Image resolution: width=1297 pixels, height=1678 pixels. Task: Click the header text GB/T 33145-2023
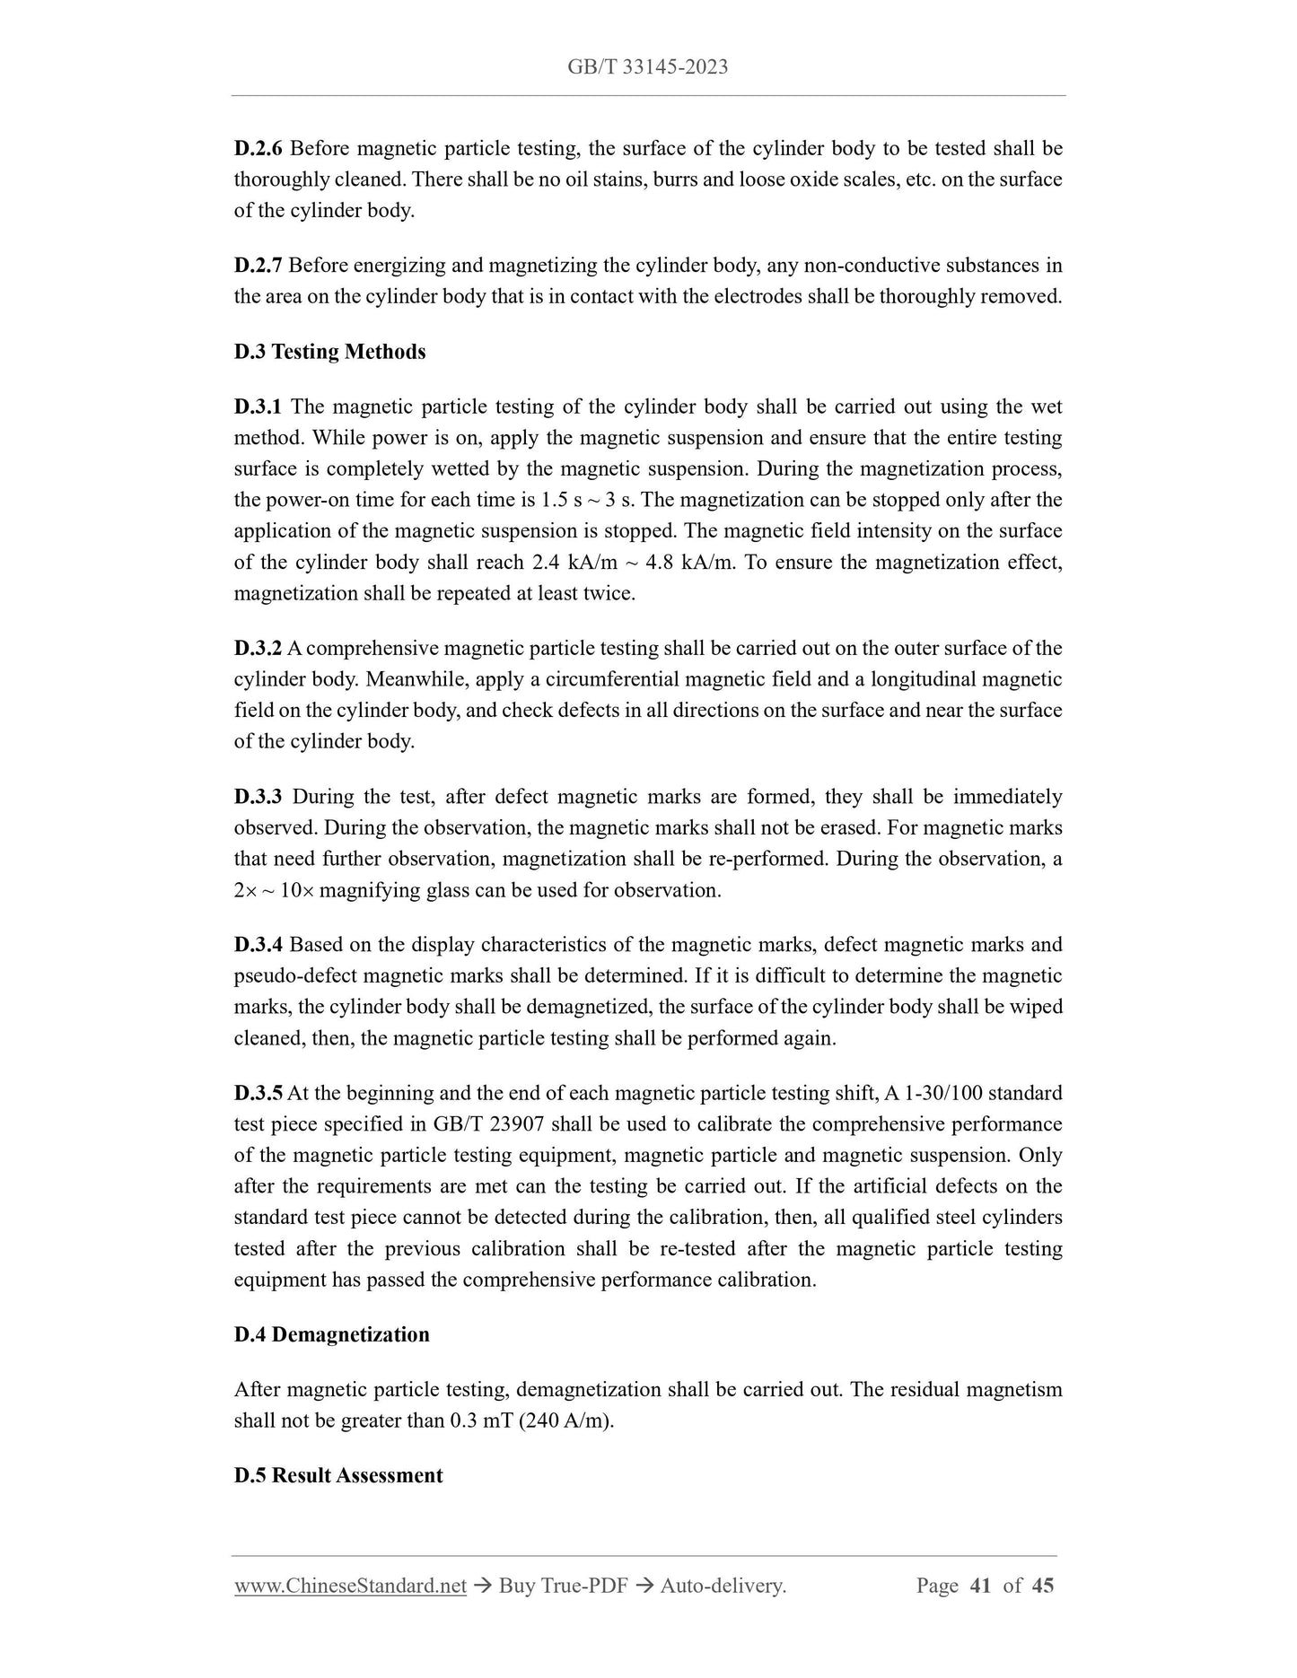point(647,66)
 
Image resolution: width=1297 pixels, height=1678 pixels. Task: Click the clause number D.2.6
point(259,148)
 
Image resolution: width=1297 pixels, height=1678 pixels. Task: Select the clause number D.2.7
point(259,265)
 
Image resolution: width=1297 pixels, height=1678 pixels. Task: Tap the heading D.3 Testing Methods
point(329,352)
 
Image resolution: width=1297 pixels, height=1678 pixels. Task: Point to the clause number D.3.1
point(259,406)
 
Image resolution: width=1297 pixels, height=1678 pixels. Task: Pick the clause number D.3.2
point(259,648)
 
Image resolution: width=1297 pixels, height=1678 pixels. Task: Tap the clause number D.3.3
point(259,797)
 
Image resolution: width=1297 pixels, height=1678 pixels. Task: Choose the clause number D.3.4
point(259,945)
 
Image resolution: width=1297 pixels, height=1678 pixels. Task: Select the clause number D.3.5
point(259,1093)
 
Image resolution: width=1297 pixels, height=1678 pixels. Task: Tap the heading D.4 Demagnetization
point(331,1334)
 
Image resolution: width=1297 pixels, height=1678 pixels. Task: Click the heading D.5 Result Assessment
point(338,1475)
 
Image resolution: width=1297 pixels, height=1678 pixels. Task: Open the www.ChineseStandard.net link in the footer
point(350,1586)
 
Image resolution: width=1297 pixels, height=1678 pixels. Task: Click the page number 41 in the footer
point(980,1586)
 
